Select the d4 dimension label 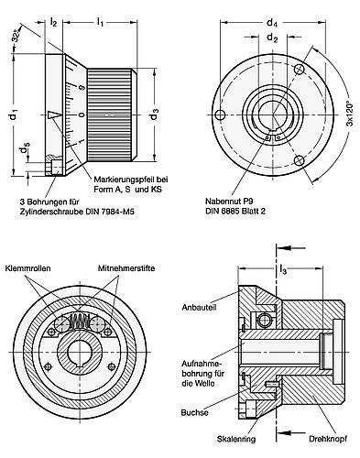tap(271, 22)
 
